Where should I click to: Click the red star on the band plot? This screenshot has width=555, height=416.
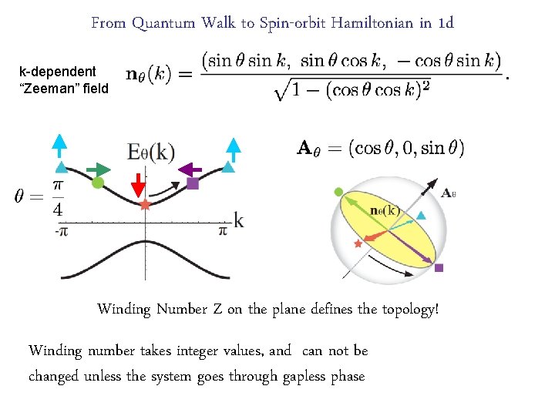[145, 204]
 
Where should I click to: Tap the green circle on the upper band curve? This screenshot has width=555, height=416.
[97, 183]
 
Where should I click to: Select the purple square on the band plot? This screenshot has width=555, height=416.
[193, 183]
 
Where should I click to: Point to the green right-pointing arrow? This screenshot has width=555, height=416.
[99, 168]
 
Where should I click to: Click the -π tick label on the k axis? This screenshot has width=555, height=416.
[62, 230]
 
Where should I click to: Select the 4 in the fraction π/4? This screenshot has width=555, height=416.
[58, 209]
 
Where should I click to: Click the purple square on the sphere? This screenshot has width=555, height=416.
[439, 267]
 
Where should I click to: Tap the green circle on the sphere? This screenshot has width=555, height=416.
[338, 192]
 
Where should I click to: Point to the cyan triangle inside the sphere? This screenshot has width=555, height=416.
[421, 216]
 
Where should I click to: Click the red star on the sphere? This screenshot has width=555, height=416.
[357, 243]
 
